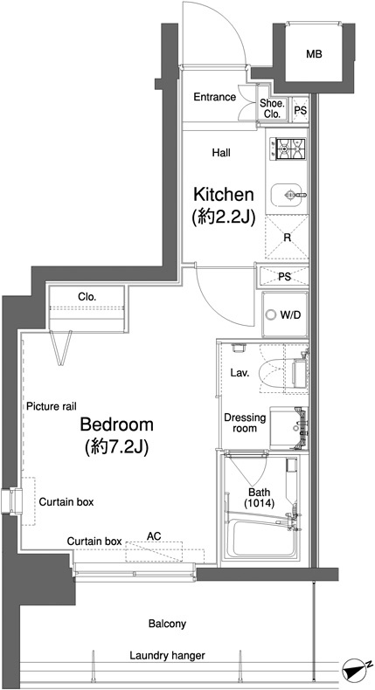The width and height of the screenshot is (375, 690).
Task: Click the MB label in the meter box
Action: [314, 54]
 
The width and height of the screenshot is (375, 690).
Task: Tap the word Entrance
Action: [215, 97]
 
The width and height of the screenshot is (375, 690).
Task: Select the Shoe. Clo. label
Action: [273, 108]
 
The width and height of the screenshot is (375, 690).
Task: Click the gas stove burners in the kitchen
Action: [291, 148]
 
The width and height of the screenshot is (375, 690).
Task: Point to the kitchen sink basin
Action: [288, 195]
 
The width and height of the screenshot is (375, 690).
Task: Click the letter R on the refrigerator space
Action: [287, 238]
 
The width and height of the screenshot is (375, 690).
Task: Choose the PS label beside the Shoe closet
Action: [300, 110]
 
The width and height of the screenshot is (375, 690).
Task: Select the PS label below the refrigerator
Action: [284, 277]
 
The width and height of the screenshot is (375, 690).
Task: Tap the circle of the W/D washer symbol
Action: [271, 315]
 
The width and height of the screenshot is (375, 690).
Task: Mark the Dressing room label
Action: [245, 423]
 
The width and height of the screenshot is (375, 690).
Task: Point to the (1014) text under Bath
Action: [259, 503]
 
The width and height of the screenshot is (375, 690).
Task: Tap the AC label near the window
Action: [154, 536]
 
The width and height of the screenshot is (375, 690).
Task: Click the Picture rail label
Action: [52, 406]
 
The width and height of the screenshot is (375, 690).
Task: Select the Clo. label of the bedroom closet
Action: [87, 297]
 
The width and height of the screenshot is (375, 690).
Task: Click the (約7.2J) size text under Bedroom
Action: [116, 446]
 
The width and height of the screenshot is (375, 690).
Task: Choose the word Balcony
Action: [167, 624]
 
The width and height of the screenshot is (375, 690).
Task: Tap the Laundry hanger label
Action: [167, 656]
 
